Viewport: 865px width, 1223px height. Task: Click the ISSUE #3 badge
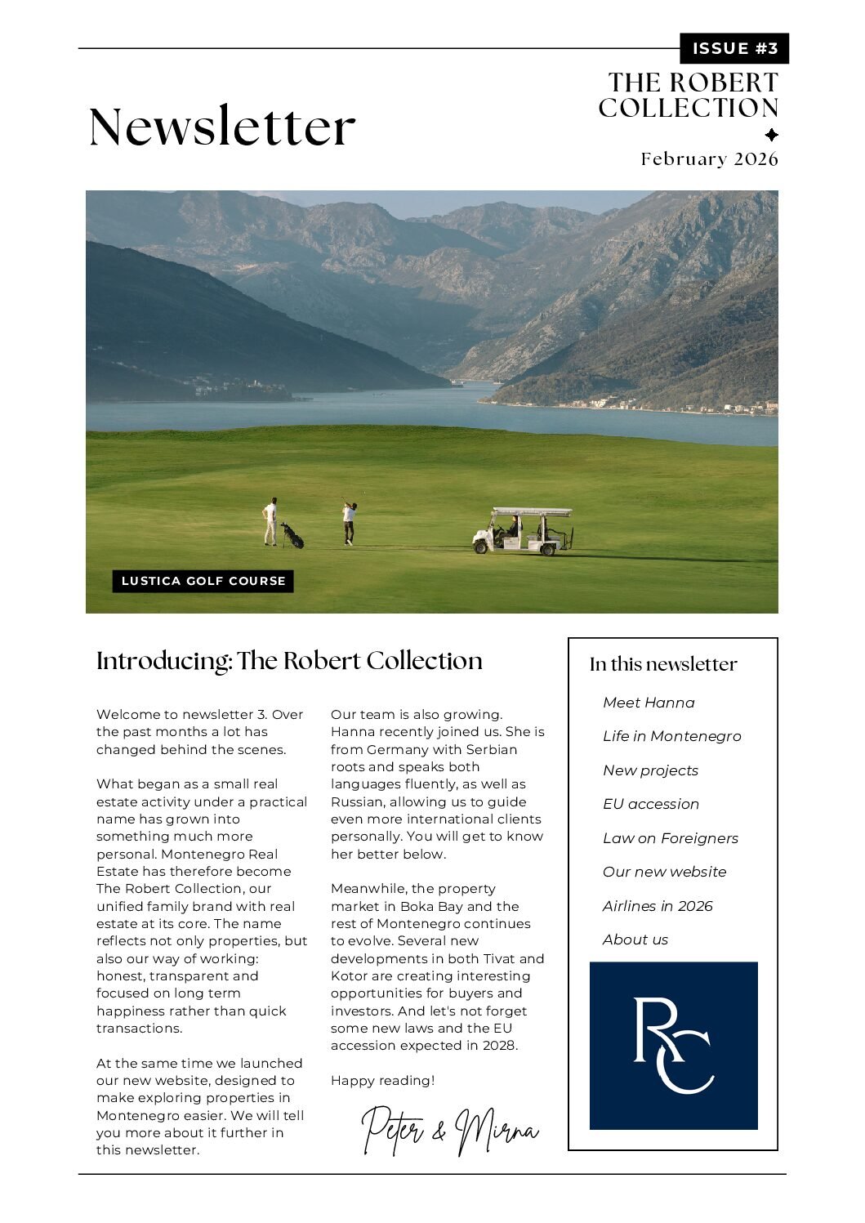733,48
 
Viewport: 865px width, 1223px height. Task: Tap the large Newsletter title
221,127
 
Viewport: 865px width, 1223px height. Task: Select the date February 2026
709,158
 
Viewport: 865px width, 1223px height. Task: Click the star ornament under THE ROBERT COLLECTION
771,135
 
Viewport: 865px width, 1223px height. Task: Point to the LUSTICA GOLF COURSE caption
203,581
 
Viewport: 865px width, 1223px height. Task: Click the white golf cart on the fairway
524,531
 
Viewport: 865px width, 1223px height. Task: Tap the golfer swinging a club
349,521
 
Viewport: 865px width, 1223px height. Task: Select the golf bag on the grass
292,536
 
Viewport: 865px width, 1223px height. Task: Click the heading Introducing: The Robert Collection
289,660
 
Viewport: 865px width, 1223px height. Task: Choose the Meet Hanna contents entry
649,703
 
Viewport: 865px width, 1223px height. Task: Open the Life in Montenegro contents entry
671,736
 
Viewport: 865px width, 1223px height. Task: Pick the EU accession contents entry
651,804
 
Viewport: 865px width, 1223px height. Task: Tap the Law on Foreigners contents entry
670,838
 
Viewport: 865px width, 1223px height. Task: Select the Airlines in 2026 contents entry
658,906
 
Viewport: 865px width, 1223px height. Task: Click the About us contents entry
635,940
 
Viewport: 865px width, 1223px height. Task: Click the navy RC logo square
673,1046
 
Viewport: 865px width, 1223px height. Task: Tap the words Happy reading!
382,1081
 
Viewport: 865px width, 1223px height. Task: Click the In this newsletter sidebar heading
663,664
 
